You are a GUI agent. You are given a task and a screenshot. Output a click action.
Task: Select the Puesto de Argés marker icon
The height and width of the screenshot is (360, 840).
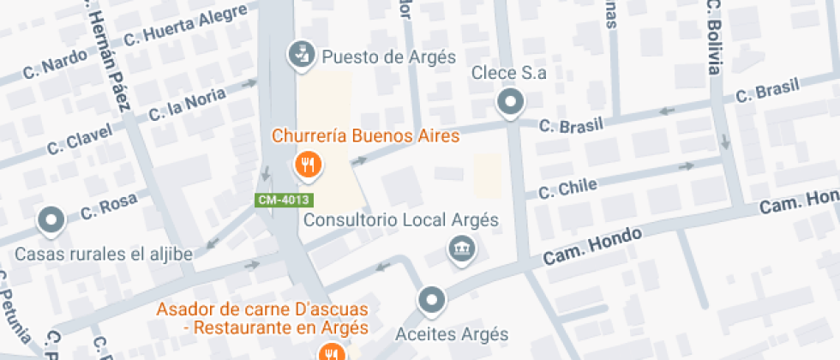point(301,53)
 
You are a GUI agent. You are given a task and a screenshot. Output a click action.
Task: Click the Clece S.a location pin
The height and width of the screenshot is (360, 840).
point(511,103)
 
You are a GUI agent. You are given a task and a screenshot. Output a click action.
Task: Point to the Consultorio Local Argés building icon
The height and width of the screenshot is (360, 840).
point(462,249)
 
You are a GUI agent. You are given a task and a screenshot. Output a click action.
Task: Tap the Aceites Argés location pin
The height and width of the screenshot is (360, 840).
point(431,301)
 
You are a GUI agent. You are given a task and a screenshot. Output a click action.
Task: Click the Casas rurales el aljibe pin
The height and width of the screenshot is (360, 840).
point(52,220)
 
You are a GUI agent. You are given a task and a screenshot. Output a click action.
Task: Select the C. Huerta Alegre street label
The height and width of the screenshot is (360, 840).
point(185,27)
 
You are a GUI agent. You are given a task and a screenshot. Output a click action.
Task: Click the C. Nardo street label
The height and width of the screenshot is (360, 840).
point(55,67)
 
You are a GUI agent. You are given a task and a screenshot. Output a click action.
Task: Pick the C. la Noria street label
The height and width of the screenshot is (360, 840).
point(187,104)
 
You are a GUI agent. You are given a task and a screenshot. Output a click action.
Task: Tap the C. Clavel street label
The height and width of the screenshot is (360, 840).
point(80,140)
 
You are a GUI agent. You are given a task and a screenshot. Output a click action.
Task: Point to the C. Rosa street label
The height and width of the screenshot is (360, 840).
point(109,207)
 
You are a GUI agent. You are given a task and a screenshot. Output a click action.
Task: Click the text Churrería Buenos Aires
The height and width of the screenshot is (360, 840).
point(366,135)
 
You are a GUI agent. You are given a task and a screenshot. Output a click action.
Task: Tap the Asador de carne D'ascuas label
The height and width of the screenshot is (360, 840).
point(262,309)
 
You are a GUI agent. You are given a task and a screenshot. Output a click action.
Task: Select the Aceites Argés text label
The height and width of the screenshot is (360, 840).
point(453,333)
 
